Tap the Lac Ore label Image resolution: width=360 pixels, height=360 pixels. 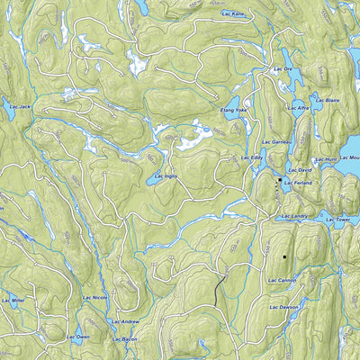click(x=284, y=70)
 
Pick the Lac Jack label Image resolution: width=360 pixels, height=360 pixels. click(x=19, y=107)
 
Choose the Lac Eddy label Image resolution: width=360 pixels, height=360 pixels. click(x=251, y=157)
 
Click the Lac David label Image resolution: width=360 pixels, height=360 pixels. click(x=300, y=169)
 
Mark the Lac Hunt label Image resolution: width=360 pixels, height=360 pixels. click(x=326, y=159)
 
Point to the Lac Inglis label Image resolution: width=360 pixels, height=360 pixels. click(x=165, y=177)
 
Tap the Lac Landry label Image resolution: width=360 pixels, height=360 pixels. click(x=294, y=216)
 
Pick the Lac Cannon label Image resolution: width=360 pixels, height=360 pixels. click(x=282, y=280)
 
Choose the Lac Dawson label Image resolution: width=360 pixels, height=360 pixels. click(x=283, y=308)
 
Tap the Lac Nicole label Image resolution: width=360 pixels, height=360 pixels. click(x=94, y=296)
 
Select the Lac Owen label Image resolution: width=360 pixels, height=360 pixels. click(x=78, y=336)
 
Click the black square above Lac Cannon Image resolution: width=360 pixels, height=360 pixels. click(x=284, y=256)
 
